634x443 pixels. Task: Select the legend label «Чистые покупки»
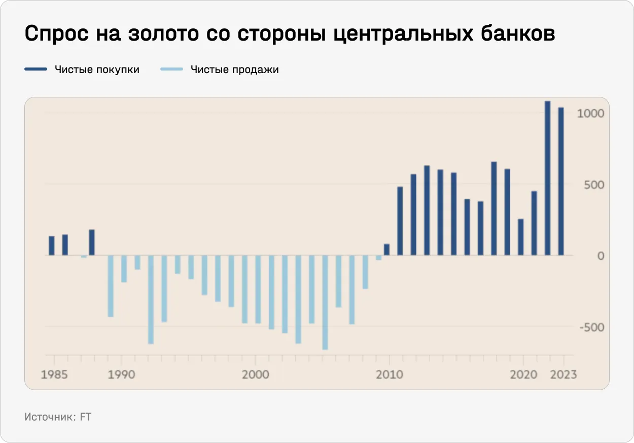(97, 70)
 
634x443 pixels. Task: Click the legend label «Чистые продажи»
(235, 70)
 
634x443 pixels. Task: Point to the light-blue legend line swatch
(171, 70)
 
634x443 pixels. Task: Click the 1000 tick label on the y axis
(591, 113)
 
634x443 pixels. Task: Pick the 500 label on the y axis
(594, 185)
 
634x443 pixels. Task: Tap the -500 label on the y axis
(592, 327)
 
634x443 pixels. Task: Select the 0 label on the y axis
(601, 256)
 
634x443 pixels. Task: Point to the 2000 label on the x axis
(255, 375)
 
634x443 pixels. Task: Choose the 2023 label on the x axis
(563, 375)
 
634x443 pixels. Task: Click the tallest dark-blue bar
(547, 178)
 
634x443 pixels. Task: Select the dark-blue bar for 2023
(561, 181)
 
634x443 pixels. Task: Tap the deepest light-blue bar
(325, 302)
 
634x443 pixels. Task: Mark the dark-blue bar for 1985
(52, 246)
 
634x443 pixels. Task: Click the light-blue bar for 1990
(124, 269)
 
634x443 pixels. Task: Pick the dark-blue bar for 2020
(520, 237)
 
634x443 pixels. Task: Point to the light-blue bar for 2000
(258, 289)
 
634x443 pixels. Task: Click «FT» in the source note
(86, 417)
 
